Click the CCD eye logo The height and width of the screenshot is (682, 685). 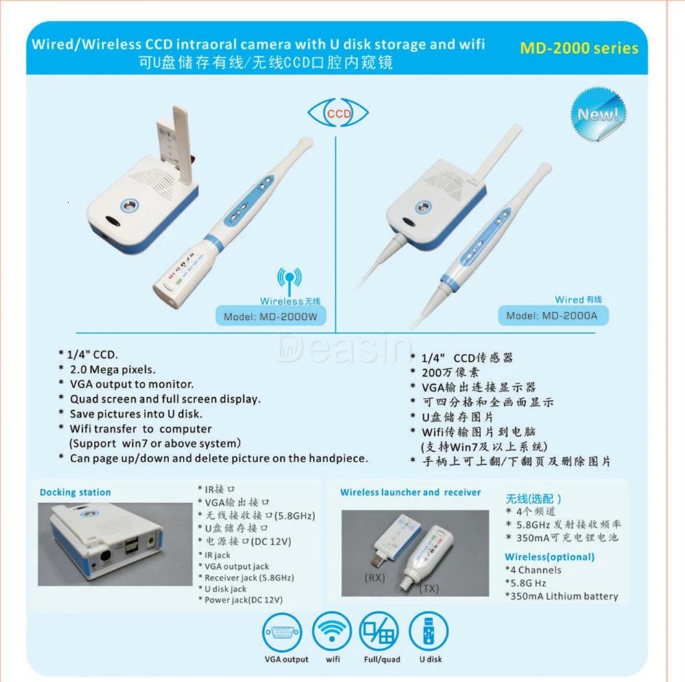tap(338, 113)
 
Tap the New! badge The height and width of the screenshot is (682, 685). tap(598, 114)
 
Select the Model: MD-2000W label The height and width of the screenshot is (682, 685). tap(271, 316)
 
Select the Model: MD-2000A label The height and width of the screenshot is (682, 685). tap(552, 315)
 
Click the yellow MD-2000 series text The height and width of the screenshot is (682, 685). tap(579, 48)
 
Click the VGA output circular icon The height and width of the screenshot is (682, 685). tap(282, 632)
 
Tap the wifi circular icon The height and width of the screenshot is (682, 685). tap(332, 632)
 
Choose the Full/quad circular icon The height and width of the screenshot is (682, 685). tap(379, 632)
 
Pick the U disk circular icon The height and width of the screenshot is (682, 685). tap(429, 632)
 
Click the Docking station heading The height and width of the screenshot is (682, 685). tap(75, 492)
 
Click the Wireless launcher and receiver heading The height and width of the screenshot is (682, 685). tap(410, 492)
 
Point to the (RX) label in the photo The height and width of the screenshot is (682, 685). tap(375, 578)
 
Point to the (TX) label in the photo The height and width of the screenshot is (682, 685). tap(429, 589)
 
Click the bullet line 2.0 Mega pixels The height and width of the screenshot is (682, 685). tap(108, 370)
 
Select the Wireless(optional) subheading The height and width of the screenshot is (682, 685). tap(549, 557)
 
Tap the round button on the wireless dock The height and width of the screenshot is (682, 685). tap(129, 205)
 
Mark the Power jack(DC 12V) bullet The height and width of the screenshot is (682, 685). tap(240, 600)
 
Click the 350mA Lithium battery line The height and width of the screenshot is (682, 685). tap(562, 596)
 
